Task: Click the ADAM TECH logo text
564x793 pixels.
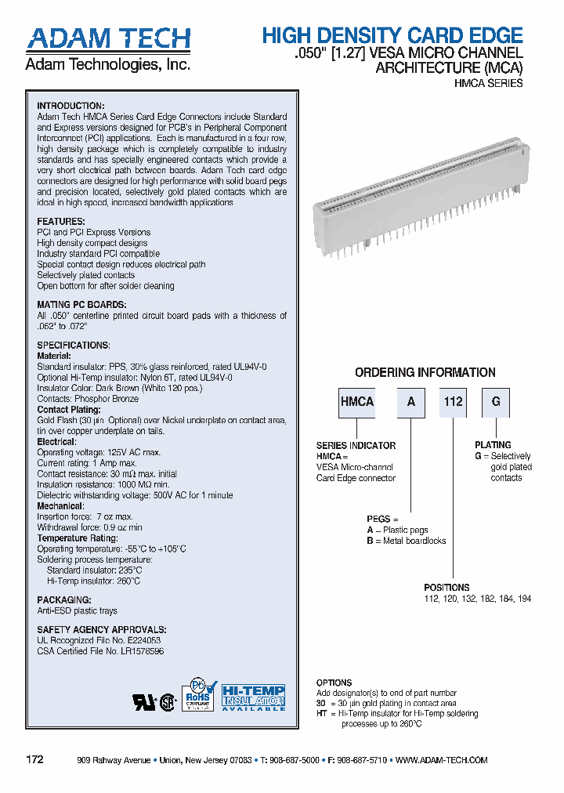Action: pos(108,40)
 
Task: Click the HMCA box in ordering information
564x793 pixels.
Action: pos(357,402)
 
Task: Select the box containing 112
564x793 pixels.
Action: pos(453,402)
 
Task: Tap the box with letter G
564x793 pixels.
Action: pos(495,402)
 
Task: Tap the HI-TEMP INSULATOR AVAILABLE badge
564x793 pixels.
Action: pos(253,697)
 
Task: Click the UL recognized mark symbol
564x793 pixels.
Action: pos(144,701)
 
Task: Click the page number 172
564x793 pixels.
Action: pos(34,760)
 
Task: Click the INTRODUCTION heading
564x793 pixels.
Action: pos(70,106)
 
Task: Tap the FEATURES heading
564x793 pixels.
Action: pos(60,222)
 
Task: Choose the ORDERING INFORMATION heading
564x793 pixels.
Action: pos(425,373)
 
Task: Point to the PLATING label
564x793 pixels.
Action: pos(493,445)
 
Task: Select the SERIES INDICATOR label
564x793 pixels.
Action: pos(356,446)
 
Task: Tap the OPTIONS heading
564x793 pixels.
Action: pos(334,683)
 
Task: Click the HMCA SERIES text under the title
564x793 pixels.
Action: pos(489,83)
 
